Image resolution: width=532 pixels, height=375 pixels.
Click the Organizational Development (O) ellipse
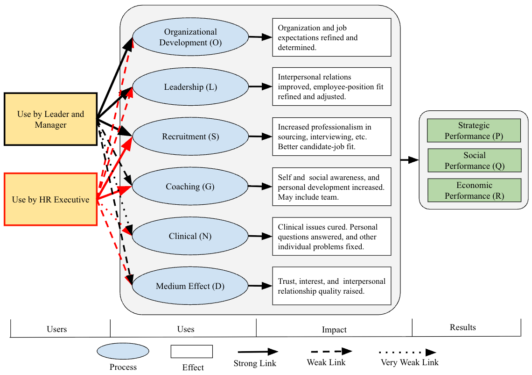coord(190,37)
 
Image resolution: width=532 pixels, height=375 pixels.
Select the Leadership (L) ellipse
coord(190,87)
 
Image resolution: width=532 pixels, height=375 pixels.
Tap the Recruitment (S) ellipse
coord(190,137)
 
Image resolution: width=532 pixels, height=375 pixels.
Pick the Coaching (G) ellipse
coord(190,187)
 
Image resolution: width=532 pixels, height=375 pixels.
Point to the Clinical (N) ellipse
coord(190,236)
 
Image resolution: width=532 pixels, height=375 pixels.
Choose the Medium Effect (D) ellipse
coord(190,286)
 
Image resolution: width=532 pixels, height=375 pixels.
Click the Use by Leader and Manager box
coord(50,119)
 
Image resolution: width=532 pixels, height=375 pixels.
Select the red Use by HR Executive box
coord(50,200)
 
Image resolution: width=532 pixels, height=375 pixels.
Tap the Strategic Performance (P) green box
coord(474,130)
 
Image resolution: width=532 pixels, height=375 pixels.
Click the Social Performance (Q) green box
coord(474,160)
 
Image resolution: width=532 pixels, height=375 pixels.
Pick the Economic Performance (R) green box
coord(474,190)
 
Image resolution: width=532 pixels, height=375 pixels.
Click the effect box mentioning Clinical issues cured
coord(331,236)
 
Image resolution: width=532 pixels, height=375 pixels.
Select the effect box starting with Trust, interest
coord(331,286)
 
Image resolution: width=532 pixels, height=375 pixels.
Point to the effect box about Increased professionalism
coord(331,137)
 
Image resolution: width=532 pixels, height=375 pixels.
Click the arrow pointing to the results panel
coord(410,160)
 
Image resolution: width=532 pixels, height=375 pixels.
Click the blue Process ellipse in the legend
coord(123,351)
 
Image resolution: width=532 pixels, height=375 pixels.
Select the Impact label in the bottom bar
coord(334,330)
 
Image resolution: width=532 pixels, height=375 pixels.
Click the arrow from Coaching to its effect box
coord(260,187)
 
